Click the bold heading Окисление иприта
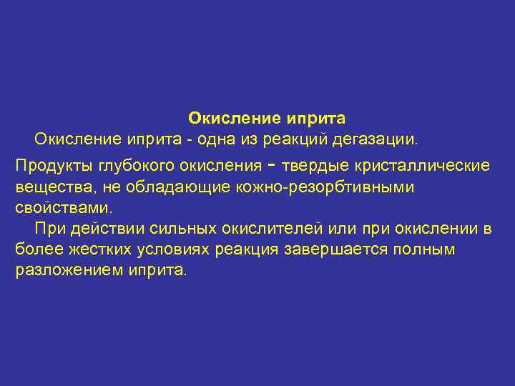pyautogui.click(x=267, y=117)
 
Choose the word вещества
pyautogui.click(x=47, y=187)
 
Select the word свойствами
pyautogui.click(x=63, y=208)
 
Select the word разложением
pyautogui.click(x=63, y=271)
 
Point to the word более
pyautogui.click(x=34, y=250)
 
